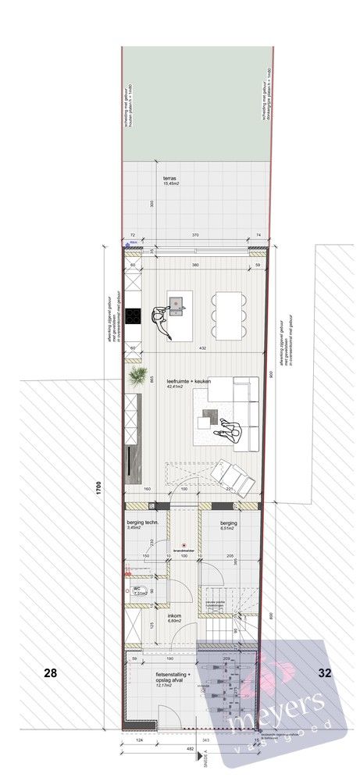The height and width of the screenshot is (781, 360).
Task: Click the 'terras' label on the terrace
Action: pos(169,177)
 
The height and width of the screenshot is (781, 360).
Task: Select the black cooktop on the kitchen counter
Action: pos(132,316)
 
